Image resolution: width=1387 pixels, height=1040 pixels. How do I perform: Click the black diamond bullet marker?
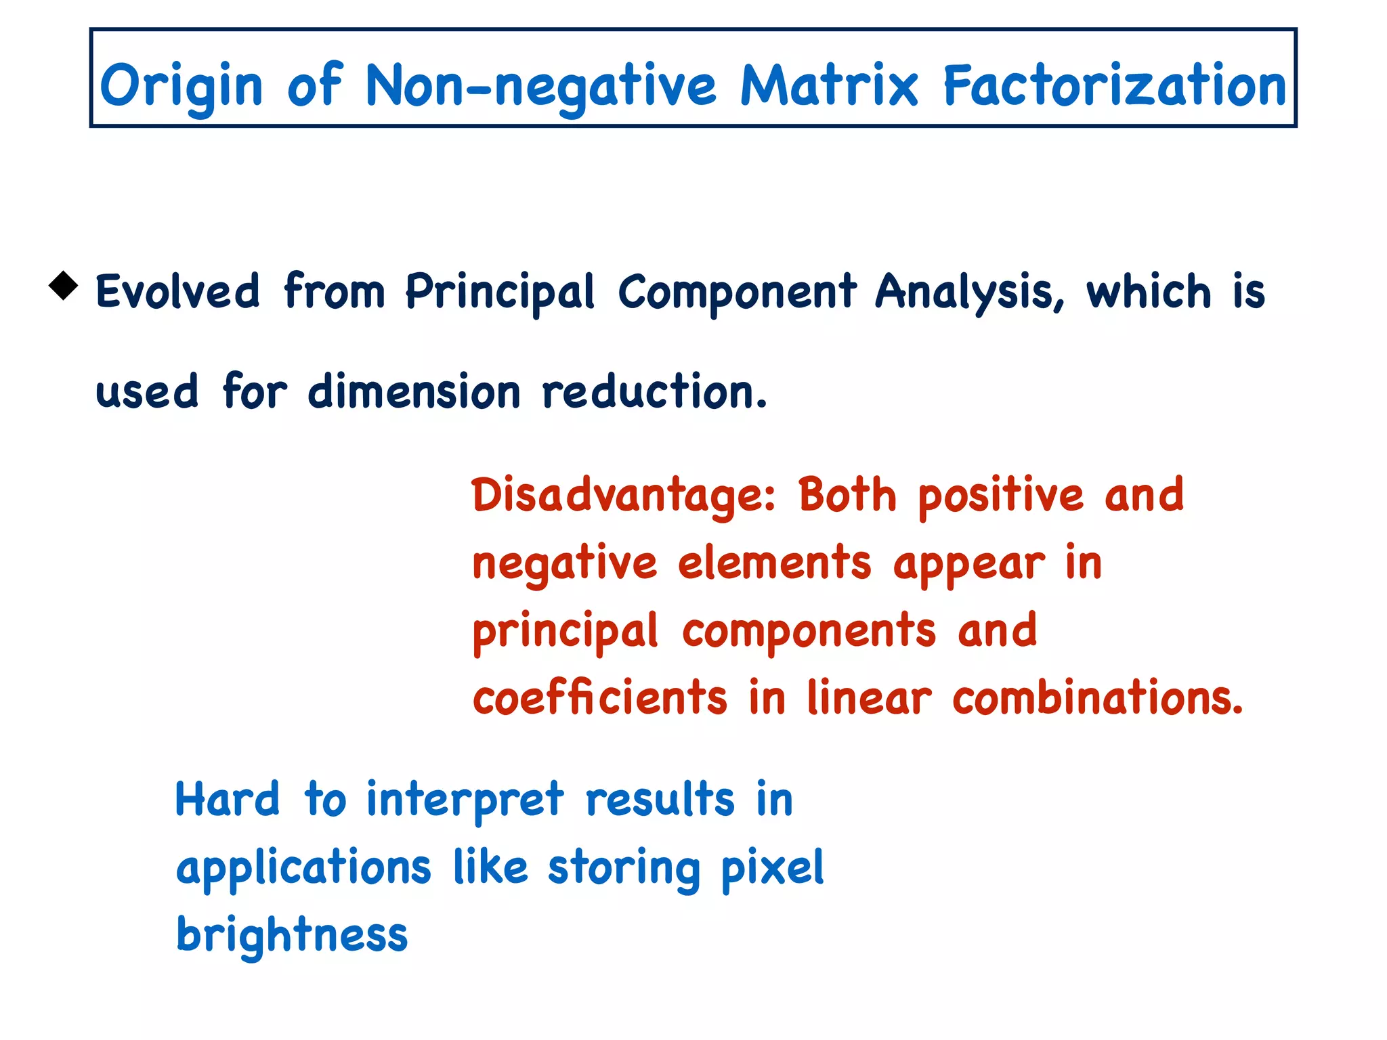point(64,286)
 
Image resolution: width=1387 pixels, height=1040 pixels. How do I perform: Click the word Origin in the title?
point(181,87)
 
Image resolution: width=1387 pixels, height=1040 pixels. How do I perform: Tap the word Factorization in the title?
point(1114,85)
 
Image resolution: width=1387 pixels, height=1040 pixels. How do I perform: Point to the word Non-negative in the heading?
point(540,87)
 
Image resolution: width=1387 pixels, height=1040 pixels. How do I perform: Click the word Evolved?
point(177,292)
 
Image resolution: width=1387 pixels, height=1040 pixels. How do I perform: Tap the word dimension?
point(414,392)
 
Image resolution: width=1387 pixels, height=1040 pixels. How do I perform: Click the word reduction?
point(654,392)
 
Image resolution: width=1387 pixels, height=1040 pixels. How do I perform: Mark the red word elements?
point(774,563)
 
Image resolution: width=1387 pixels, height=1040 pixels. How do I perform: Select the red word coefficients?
point(600,698)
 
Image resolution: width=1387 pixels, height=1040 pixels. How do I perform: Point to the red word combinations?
point(1097,698)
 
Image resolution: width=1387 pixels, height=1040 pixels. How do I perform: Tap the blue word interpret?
point(465,800)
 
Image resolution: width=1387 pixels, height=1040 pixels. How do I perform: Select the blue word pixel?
point(772,868)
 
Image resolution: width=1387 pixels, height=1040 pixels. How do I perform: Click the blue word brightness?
point(292,936)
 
